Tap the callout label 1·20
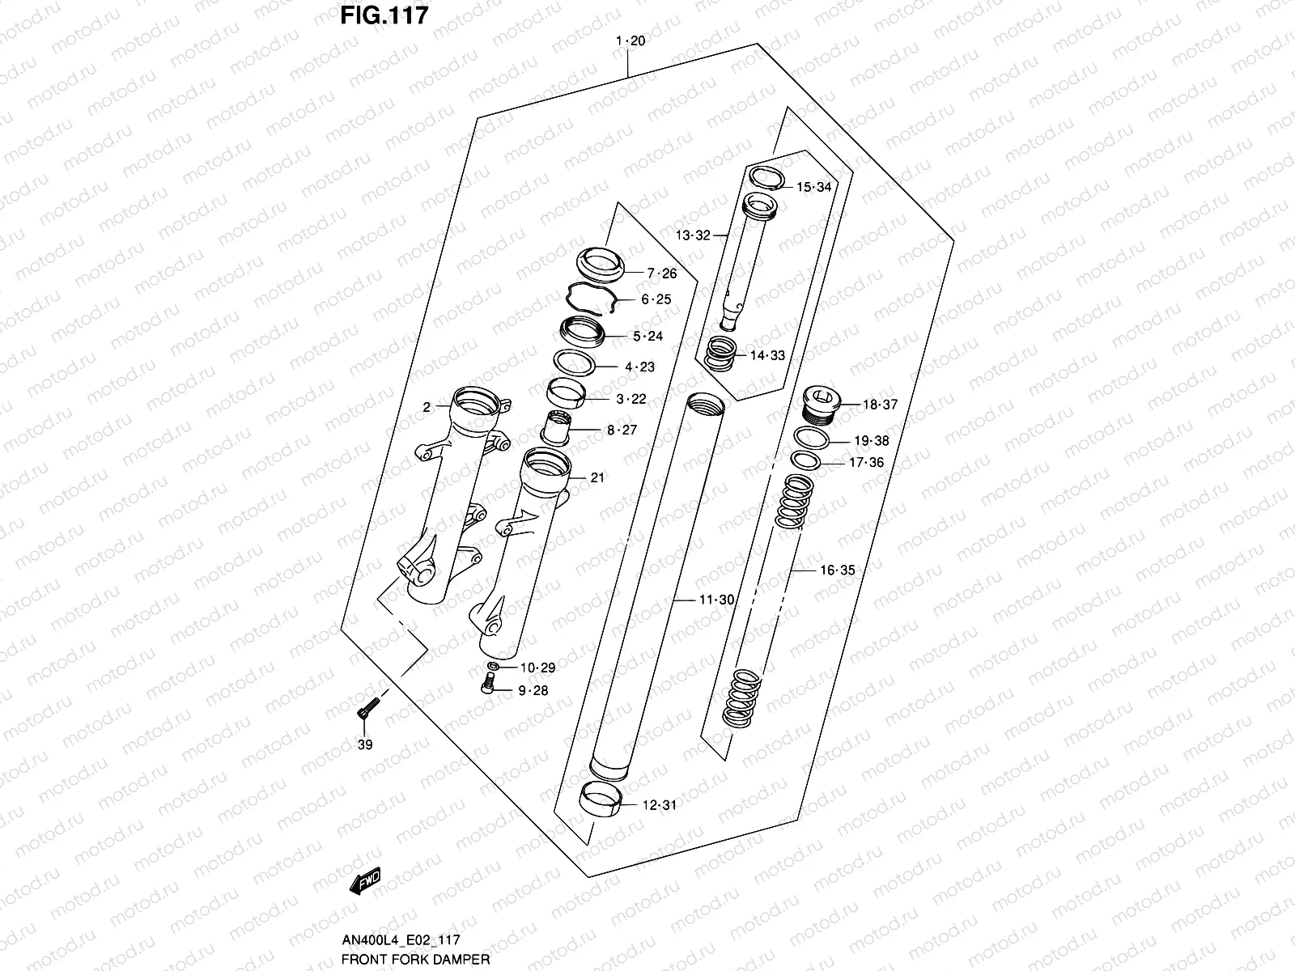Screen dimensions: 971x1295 coord(631,41)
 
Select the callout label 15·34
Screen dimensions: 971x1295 coord(813,188)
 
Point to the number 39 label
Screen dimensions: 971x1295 coord(365,744)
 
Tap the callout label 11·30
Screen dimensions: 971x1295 coord(716,600)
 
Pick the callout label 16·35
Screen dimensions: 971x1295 coord(837,570)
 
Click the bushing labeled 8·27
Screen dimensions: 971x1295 coord(556,426)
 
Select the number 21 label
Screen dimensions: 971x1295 coord(597,478)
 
